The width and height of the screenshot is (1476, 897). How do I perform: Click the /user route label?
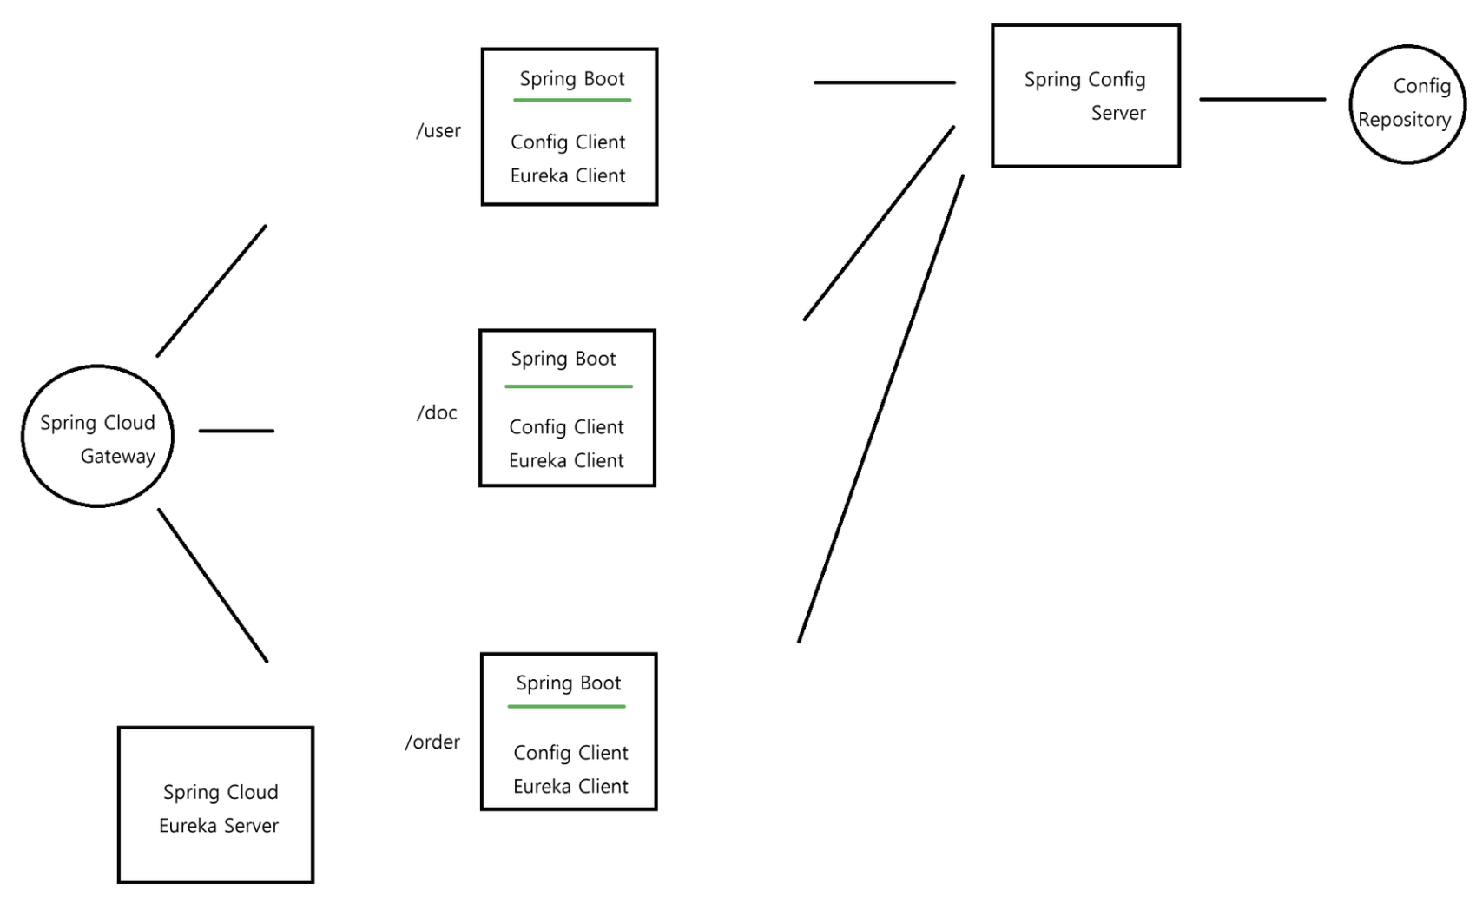pos(438,131)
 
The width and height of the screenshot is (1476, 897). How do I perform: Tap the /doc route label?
pos(437,412)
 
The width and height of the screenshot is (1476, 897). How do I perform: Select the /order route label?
pos(432,742)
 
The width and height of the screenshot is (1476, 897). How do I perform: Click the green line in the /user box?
pos(572,101)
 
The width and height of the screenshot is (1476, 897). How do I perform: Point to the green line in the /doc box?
pos(569,386)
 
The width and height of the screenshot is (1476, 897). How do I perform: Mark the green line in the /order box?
pos(567,707)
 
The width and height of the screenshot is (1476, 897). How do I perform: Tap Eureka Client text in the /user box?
pos(568,176)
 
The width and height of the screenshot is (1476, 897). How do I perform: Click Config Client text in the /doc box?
pos(566,427)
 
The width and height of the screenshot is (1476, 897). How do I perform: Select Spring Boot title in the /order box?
pos(569,683)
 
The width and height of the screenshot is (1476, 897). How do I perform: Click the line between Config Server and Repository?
pos(1262,100)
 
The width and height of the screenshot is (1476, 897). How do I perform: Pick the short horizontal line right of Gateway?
pos(236,431)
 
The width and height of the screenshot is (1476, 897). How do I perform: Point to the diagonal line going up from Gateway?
pos(211,291)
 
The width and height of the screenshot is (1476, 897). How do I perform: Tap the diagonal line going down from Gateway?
pos(213,585)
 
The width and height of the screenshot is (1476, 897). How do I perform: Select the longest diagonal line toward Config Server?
pos(880,409)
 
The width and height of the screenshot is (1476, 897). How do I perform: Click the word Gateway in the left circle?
pos(118,457)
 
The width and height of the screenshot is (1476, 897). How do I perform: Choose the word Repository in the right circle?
pos(1404,120)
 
